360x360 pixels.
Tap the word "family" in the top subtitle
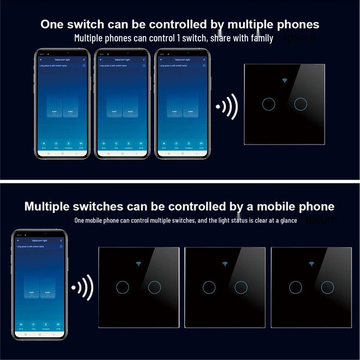(261, 38)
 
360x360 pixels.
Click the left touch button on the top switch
(269, 104)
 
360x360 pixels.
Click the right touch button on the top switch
(300, 104)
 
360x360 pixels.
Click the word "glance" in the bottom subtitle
(288, 220)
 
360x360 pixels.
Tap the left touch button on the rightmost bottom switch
(296, 287)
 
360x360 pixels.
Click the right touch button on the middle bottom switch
(241, 287)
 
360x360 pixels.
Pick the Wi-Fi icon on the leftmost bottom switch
(139, 264)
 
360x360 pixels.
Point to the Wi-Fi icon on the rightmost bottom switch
(311, 264)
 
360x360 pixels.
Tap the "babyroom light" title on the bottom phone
(40, 240)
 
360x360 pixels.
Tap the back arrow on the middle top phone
(101, 59)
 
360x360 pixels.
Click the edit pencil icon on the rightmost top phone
(204, 59)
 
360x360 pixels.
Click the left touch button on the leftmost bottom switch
(123, 287)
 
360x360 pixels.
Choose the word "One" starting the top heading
(52, 25)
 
